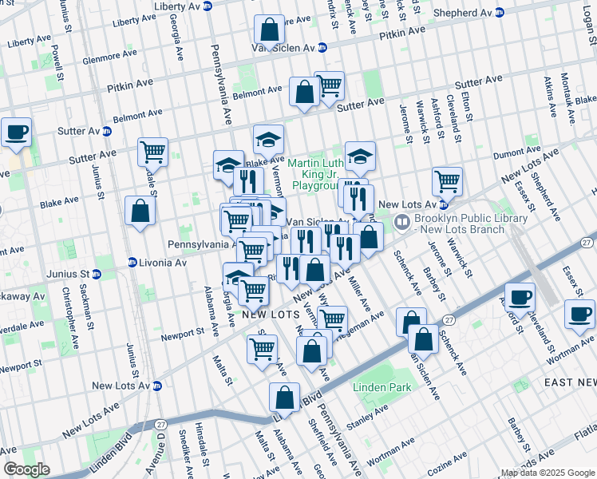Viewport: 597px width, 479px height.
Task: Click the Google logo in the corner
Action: [26, 469]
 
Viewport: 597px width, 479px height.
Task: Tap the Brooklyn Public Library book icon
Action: [404, 220]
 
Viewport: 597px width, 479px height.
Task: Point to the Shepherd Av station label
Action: [463, 13]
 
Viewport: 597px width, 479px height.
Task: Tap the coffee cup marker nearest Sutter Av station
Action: [16, 133]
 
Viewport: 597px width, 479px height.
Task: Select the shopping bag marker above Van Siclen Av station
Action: [270, 30]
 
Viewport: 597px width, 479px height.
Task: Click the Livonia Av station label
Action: [164, 262]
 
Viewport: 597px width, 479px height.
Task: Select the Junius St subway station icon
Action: [97, 275]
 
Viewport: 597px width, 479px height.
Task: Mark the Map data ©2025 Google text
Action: [546, 473]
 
